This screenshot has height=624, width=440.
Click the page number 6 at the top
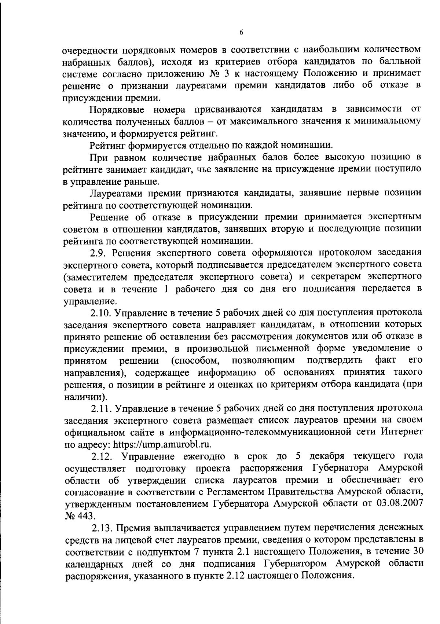241,32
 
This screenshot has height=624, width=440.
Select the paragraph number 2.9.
99,253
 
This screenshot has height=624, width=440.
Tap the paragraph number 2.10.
102,313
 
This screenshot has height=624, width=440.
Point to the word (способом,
194,361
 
